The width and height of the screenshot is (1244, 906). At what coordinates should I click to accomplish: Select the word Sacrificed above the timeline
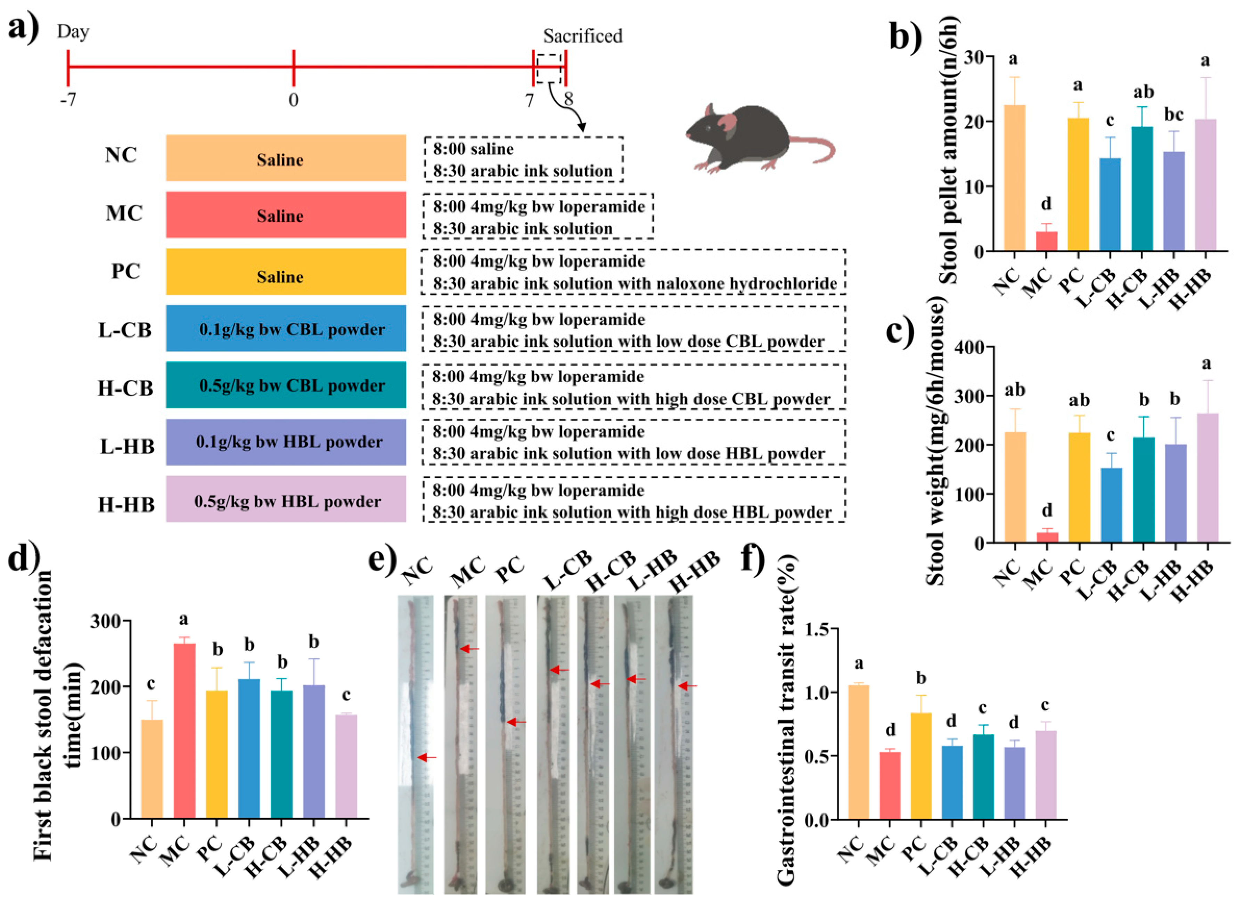[582, 36]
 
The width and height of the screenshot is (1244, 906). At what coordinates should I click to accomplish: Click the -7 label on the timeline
[68, 100]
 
